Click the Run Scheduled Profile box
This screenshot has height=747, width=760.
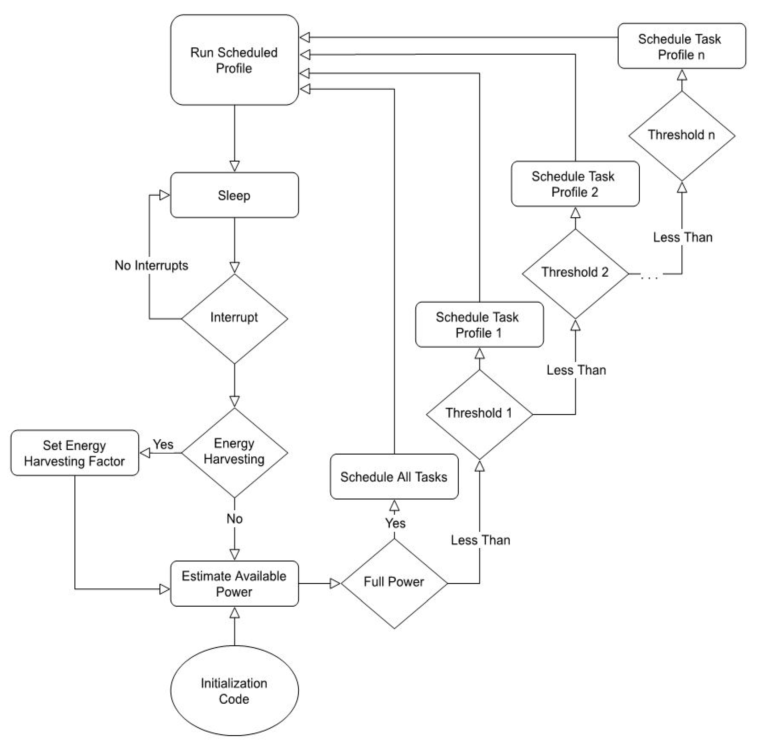pyautogui.click(x=234, y=60)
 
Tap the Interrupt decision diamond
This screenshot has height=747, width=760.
pyautogui.click(x=234, y=318)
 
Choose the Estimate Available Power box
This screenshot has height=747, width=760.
pyautogui.click(x=234, y=584)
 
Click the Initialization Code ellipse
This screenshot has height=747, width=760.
pyautogui.click(x=234, y=691)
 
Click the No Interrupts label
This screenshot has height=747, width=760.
pyautogui.click(x=151, y=266)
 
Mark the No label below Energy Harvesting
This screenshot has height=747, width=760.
pyautogui.click(x=234, y=519)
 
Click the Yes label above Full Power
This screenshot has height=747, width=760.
pyautogui.click(x=395, y=523)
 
